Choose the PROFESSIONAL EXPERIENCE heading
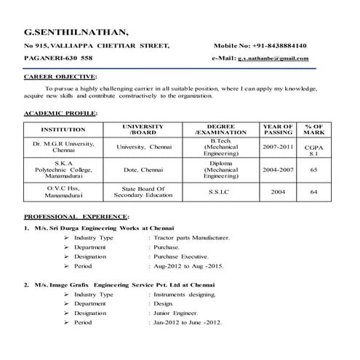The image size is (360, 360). (76, 217)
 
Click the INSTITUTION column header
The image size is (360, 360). (59, 129)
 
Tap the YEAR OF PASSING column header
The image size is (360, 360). (279, 129)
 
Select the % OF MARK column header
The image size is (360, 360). (313, 129)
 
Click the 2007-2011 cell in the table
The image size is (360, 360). (279, 146)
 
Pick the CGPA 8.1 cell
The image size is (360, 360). (313, 151)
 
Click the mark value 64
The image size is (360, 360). (313, 192)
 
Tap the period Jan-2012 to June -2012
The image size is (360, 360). (187, 322)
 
